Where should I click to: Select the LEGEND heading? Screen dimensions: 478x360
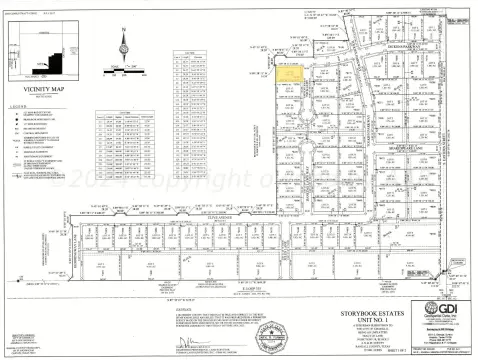tap(16, 105)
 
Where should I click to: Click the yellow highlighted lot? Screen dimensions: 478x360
tap(289, 71)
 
